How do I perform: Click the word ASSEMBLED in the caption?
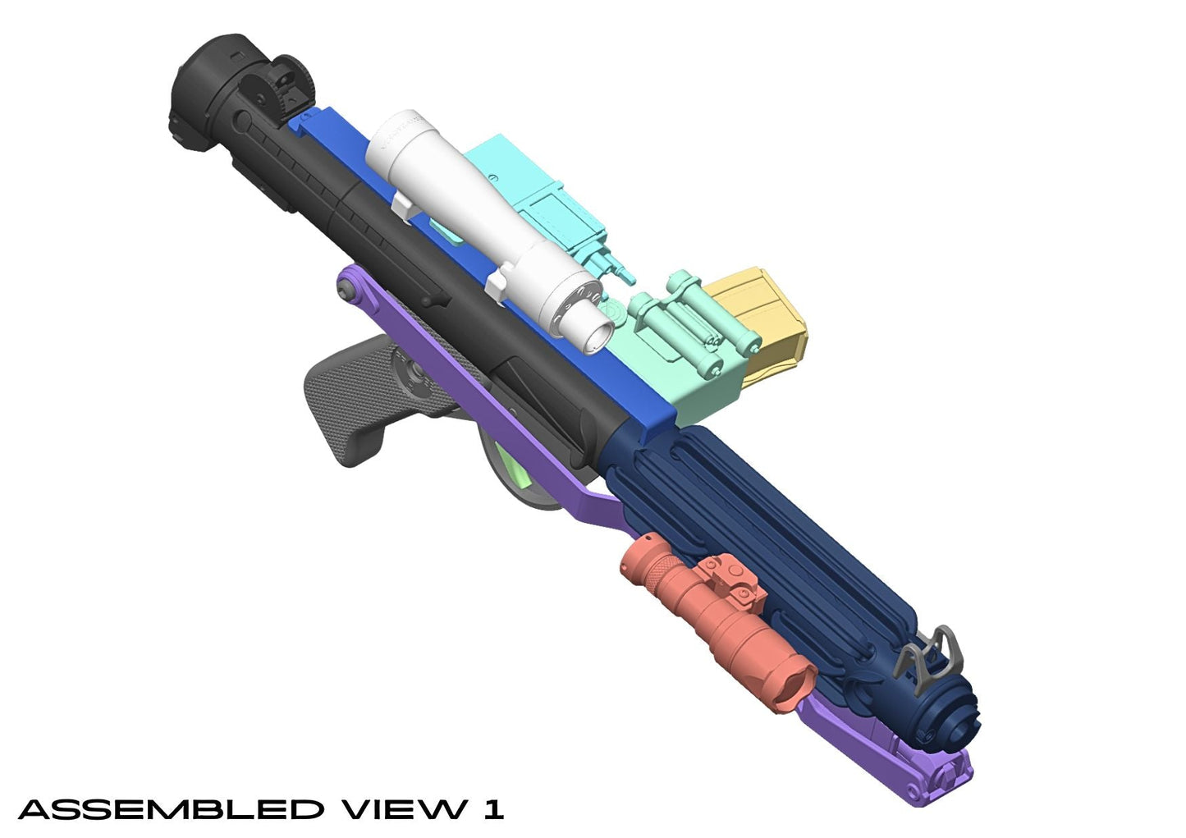coord(171,809)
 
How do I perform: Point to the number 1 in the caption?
coord(492,809)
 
